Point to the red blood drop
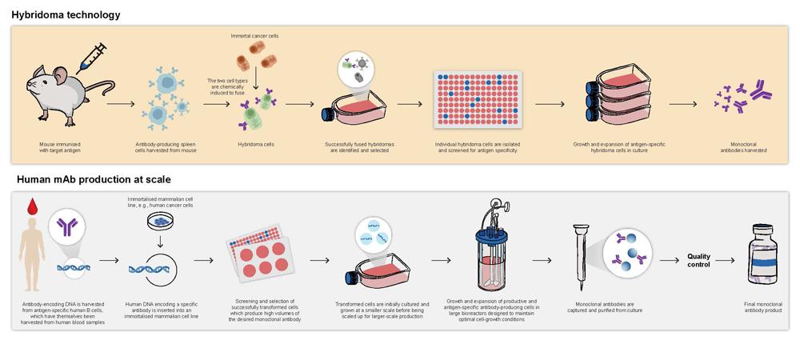(32, 207)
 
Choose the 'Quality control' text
(698, 260)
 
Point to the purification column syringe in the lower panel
(582, 251)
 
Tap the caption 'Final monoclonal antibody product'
(760, 308)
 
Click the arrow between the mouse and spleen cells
(121, 104)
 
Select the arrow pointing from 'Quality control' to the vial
(725, 260)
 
